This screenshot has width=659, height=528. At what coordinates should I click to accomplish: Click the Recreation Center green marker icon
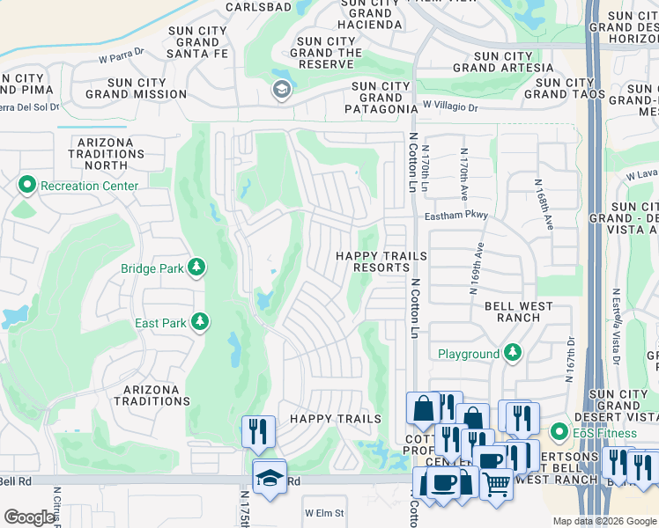26,186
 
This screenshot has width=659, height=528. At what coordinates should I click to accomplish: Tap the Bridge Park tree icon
197,266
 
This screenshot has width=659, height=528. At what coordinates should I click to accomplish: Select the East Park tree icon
200,323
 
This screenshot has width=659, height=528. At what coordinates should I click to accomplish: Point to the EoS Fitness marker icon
557,433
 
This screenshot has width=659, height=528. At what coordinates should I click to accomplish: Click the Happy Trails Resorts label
381,261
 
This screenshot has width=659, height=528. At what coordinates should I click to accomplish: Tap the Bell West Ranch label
519,312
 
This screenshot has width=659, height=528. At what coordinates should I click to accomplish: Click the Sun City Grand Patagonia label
381,98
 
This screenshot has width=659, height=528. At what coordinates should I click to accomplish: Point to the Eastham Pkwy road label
455,216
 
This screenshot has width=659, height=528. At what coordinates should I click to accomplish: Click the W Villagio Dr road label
449,106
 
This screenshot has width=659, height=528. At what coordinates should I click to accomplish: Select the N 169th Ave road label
480,267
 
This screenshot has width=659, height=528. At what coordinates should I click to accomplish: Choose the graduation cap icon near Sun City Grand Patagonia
281,89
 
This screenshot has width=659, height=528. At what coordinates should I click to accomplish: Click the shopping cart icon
496,483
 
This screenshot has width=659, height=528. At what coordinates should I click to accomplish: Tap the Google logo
30,517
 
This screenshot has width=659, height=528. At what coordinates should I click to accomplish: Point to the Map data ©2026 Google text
603,521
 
